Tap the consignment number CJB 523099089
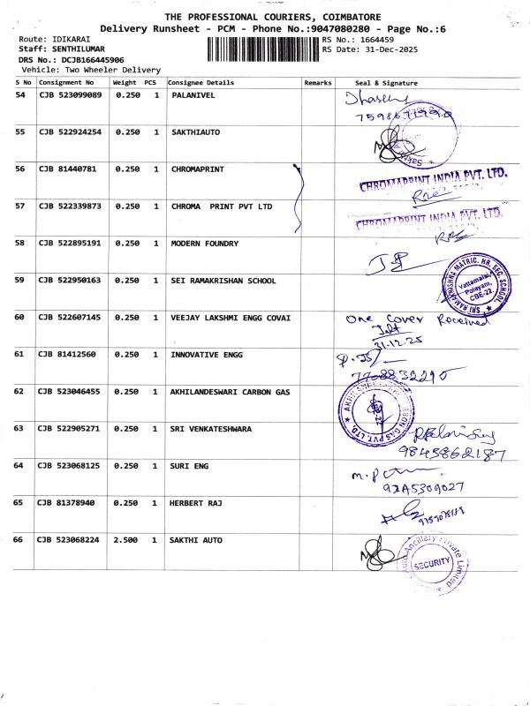71,94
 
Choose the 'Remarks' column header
317,82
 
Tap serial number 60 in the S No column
20,318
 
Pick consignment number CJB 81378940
66,502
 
